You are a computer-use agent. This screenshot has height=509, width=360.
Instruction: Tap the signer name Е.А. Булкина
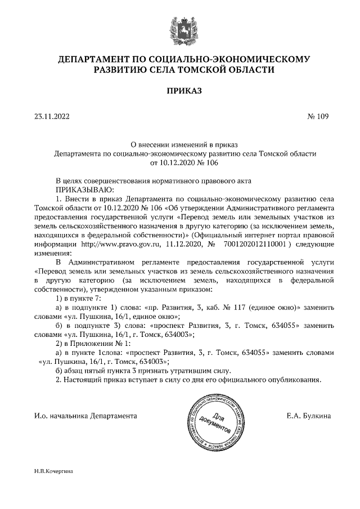coord(308,416)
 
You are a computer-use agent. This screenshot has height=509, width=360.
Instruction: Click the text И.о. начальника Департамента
coord(85,416)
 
